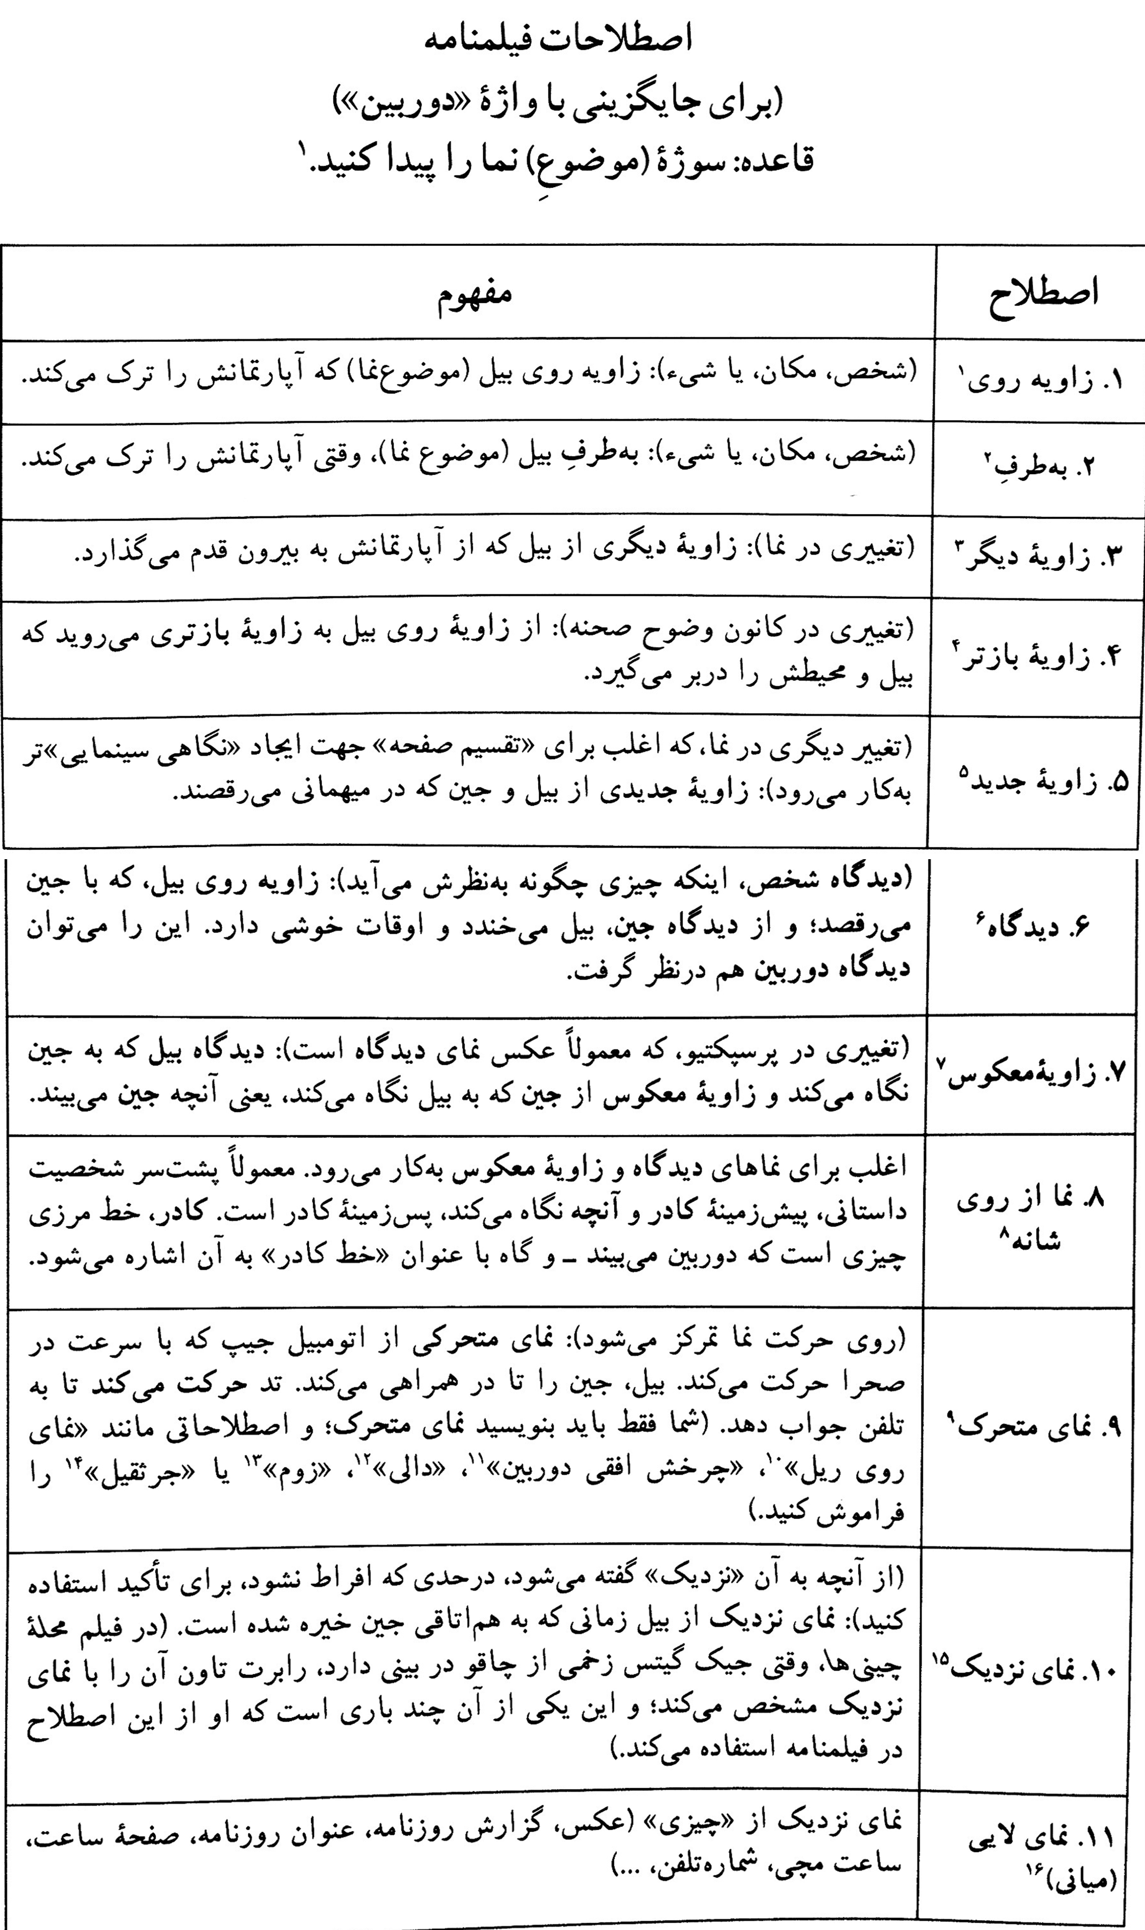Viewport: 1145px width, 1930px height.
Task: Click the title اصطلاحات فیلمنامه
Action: tap(561, 40)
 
